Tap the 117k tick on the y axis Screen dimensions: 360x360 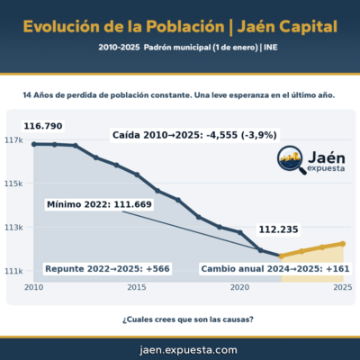pyautogui.click(x=14, y=140)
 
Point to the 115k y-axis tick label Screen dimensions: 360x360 pyautogui.click(x=14, y=184)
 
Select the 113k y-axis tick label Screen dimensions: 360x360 pyautogui.click(x=14, y=227)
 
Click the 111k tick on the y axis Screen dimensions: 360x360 pyautogui.click(x=14, y=270)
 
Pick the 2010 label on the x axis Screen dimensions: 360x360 pyautogui.click(x=34, y=288)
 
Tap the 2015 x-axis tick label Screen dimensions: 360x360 pyautogui.click(x=137, y=288)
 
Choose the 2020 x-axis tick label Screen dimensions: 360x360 pyautogui.click(x=239, y=288)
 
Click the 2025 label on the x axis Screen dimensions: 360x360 pyautogui.click(x=342, y=288)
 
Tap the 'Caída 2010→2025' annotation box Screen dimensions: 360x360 pyautogui.click(x=193, y=134)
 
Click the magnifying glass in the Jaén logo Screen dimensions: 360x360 pyautogui.click(x=290, y=160)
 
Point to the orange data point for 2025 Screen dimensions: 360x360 pyautogui.click(x=342, y=243)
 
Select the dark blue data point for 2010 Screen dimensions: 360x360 pyautogui.click(x=34, y=144)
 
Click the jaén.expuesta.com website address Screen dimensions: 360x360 pyautogui.click(x=180, y=348)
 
